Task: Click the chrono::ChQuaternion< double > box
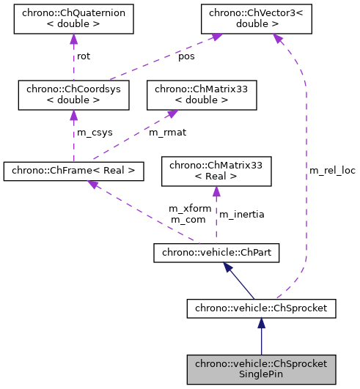[73, 18]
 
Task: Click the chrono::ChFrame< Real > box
[73, 171]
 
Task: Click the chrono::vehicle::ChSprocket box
[261, 309]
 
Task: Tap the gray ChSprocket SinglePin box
[261, 369]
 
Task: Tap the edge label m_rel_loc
[331, 170]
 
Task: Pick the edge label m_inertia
[242, 214]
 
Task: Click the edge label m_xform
[190, 209]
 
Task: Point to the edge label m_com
[187, 219]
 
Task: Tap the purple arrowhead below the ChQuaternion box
[73, 38]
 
